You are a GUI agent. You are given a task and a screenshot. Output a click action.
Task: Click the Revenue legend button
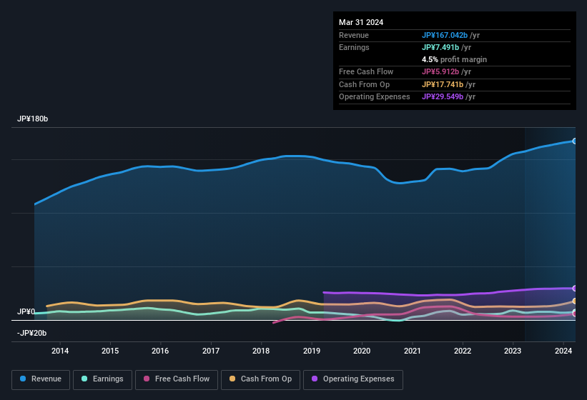pyautogui.click(x=41, y=379)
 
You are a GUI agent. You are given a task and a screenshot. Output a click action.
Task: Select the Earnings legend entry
pyautogui.click(x=101, y=379)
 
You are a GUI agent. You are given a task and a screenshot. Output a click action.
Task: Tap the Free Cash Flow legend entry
pyautogui.click(x=176, y=379)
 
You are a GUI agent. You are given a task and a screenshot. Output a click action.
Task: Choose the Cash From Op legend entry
pyautogui.click(x=262, y=379)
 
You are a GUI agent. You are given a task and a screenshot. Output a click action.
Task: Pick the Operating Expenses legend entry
pyautogui.click(x=353, y=379)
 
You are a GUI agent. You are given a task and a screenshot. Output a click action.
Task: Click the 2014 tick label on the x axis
pyautogui.click(x=60, y=351)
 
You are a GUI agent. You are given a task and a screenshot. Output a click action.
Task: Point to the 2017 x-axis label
pyautogui.click(x=211, y=351)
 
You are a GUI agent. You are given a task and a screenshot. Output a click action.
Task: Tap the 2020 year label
pyautogui.click(x=362, y=351)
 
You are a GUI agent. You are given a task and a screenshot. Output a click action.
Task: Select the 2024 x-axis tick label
pyautogui.click(x=563, y=351)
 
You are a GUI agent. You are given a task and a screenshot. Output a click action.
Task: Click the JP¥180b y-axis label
pyautogui.click(x=33, y=119)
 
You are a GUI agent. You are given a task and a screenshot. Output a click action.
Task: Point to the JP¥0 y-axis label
pyautogui.click(x=26, y=312)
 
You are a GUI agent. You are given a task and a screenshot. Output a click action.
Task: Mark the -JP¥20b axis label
pyautogui.click(x=31, y=333)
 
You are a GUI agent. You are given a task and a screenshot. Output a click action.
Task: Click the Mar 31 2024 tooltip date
pyautogui.click(x=361, y=22)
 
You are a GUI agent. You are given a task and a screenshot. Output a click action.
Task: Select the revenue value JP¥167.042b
pyautogui.click(x=445, y=35)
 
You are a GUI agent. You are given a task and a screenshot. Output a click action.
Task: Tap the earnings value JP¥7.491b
pyautogui.click(x=442, y=47)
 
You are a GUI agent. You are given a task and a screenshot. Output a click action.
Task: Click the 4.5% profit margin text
pyautogui.click(x=454, y=59)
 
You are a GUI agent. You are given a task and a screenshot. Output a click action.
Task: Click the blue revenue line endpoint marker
pyautogui.click(x=574, y=141)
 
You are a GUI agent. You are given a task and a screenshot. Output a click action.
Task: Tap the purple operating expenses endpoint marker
pyautogui.click(x=574, y=288)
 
